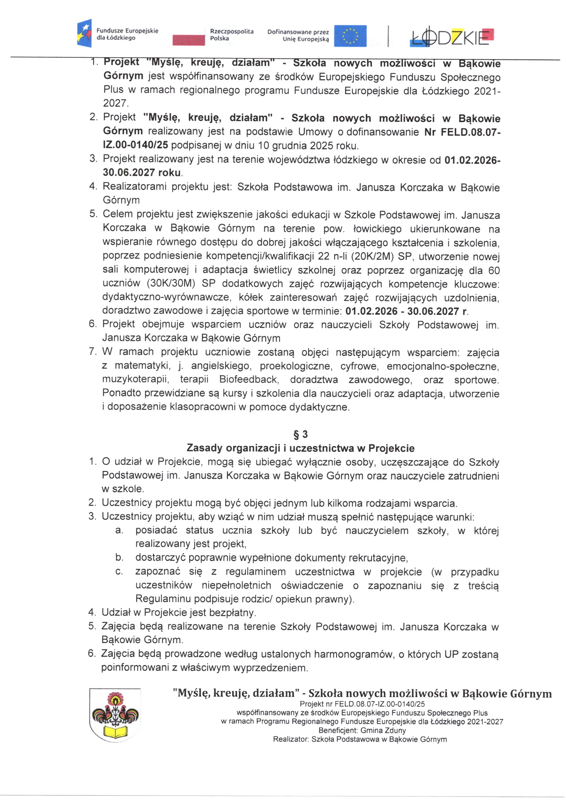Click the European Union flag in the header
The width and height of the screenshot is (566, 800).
350,36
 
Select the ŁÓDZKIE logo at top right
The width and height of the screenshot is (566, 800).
452,36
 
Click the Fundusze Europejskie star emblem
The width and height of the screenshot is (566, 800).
84,34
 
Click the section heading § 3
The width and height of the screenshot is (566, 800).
301,435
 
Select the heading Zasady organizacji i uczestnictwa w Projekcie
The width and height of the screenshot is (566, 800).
300,448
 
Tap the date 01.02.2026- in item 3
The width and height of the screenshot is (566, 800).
472,160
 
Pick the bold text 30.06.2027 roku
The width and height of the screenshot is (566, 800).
142,173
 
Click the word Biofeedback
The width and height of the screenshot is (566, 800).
248,379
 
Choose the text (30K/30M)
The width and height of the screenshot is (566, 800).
171,284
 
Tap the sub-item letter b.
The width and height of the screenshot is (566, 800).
119,557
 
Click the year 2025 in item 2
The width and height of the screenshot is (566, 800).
321,146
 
